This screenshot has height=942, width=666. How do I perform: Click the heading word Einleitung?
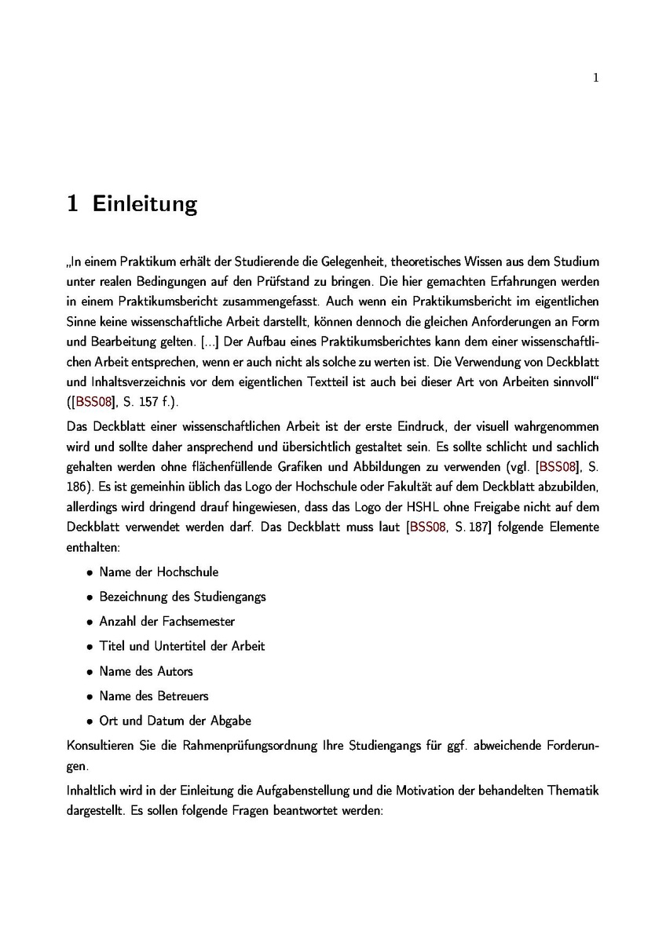[145, 205]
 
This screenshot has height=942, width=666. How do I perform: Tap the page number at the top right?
[596, 77]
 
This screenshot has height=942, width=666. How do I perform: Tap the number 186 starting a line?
[76, 487]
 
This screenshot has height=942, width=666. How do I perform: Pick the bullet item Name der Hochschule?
[159, 571]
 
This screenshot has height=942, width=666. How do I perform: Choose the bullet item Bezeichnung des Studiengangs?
[182, 597]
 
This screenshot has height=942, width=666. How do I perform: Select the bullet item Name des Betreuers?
[154, 696]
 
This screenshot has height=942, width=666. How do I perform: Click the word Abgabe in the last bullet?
[232, 721]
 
